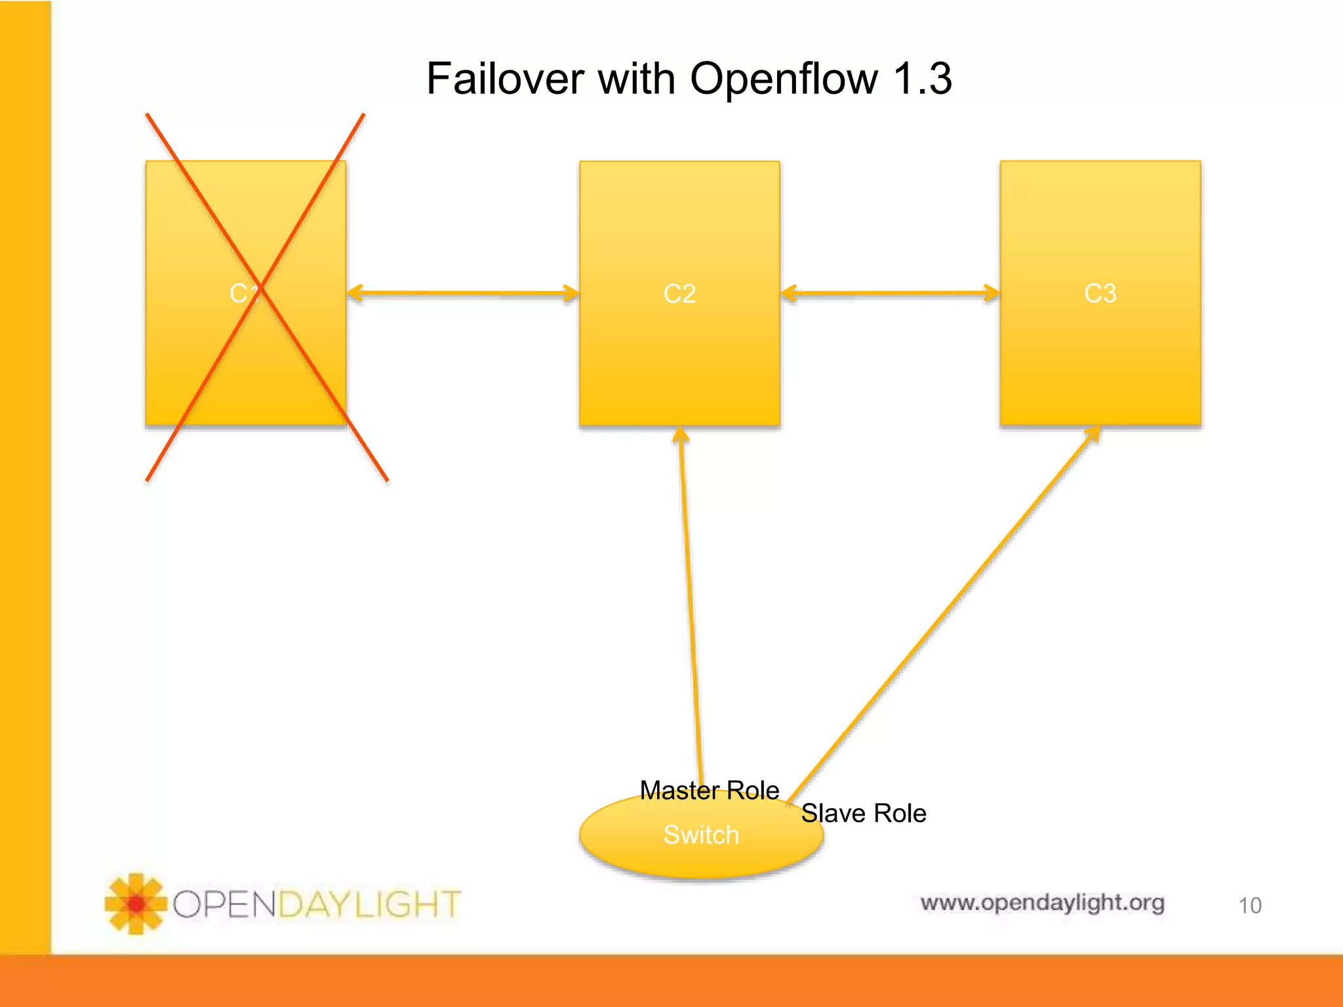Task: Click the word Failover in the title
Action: coord(505,79)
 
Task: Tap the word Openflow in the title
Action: coord(783,79)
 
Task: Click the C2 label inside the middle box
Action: coord(679,294)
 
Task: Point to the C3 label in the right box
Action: coord(1100,293)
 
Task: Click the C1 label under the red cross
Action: coord(244,293)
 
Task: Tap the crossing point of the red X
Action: coord(260,286)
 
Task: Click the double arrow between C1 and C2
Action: coord(463,293)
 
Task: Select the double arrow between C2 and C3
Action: coord(890,293)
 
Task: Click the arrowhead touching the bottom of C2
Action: coord(681,435)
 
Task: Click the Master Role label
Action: coord(709,790)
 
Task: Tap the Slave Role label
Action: coord(863,813)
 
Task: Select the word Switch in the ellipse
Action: coord(700,835)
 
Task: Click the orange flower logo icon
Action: coord(135,904)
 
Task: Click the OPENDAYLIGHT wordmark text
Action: coord(317,904)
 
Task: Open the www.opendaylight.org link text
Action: coord(1042,903)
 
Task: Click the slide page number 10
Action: coord(1249,905)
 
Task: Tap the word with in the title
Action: coord(636,79)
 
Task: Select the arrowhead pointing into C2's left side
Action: coord(571,293)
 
